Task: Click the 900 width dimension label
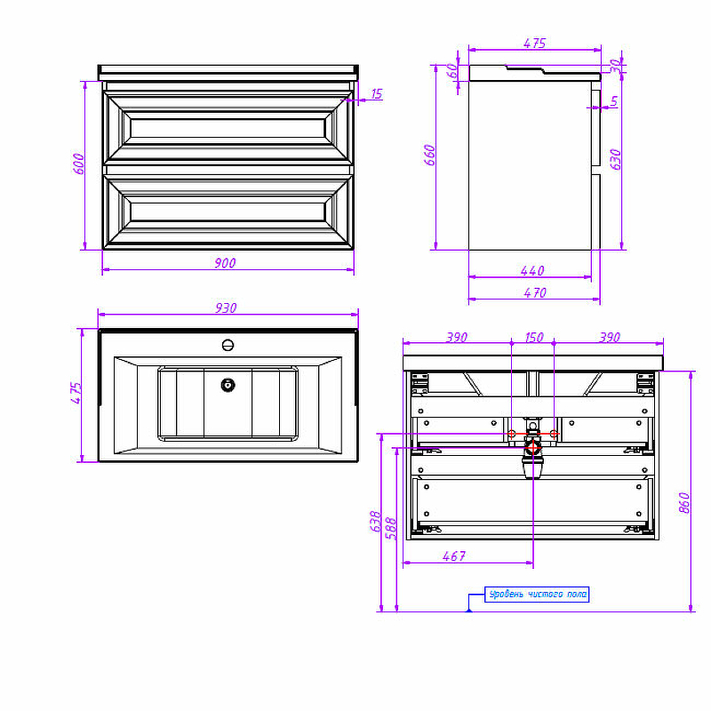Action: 225,262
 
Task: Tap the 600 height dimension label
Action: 78,164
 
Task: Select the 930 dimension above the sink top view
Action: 226,308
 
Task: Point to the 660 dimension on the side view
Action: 429,155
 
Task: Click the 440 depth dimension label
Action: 531,270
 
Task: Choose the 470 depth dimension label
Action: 535,292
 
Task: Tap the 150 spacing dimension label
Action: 534,337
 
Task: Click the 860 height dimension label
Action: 683,502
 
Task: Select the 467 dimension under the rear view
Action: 454,555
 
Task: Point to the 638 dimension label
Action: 375,522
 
